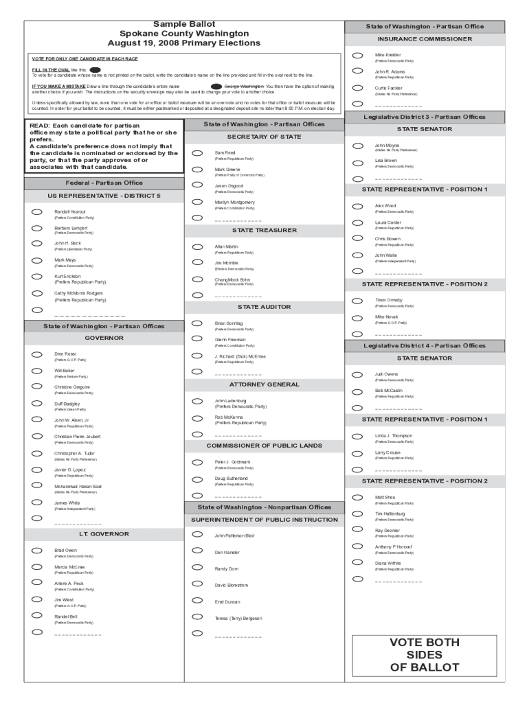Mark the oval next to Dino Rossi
pos(37,354)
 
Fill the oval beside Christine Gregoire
pos(37,387)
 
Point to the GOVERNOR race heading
pos(104,338)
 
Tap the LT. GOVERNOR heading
pos(104,533)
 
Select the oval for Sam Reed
pos(197,153)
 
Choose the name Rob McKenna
pos(229,417)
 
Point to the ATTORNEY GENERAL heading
pos(264,384)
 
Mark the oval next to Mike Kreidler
pos(357,56)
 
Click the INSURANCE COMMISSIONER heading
pos(424,39)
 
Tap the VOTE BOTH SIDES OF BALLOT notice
pos(424,655)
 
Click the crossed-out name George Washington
pos(244,87)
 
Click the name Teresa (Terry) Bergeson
pos(238,618)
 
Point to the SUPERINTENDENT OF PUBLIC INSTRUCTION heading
pos(264,520)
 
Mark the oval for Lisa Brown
pos(357,162)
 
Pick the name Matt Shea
pos(385,497)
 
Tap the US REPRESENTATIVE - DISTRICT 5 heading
pos(104,196)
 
